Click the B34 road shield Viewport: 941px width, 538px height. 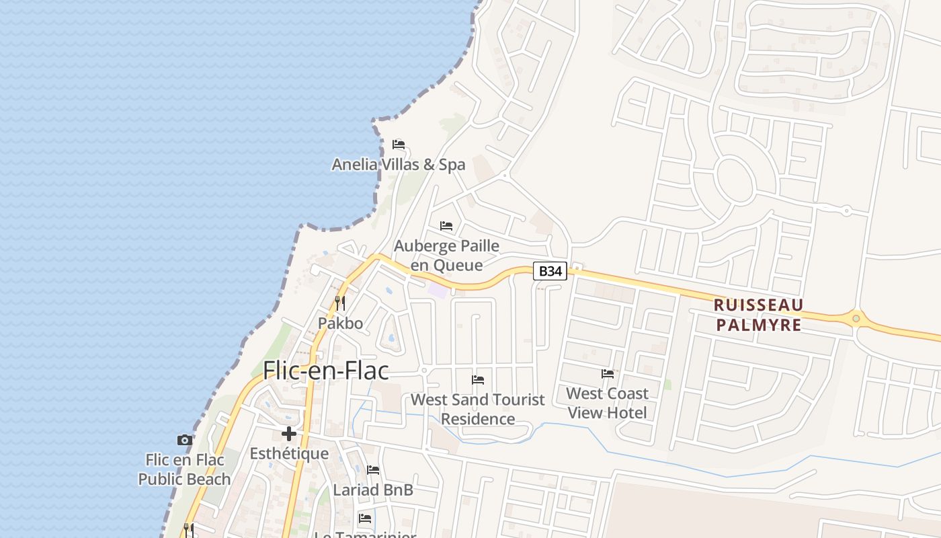point(550,271)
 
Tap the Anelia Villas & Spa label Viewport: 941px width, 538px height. point(399,164)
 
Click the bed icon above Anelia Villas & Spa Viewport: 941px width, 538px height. point(399,144)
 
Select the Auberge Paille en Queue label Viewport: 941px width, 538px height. point(447,256)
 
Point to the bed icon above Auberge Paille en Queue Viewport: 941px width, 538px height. point(446,225)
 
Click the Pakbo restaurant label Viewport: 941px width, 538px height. point(340,323)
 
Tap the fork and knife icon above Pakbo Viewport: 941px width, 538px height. point(340,303)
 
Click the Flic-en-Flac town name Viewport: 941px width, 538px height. point(326,371)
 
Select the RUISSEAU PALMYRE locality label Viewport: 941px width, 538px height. point(758,315)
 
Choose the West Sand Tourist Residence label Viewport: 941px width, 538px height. point(478,409)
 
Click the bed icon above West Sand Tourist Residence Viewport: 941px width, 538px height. point(478,380)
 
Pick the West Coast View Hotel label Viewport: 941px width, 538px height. point(608,403)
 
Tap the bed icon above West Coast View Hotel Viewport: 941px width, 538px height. point(608,374)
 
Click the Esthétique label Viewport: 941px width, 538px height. point(289,454)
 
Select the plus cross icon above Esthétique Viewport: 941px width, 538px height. point(289,434)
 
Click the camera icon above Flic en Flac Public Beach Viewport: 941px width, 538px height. point(185,440)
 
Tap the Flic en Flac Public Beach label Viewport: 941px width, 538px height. point(184,469)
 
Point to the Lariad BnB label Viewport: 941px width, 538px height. point(373,490)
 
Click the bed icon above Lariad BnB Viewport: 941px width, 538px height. point(373,470)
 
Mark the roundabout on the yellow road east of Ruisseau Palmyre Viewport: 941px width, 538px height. point(856,318)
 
